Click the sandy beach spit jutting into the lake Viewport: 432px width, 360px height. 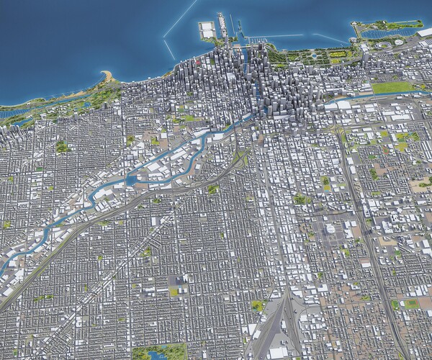pos(107,75)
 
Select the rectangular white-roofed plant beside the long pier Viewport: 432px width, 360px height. pos(207,29)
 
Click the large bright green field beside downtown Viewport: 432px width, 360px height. pos(392,87)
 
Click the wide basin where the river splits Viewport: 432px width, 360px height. pos(133,178)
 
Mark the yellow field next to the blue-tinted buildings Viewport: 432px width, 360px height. pos(174,291)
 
